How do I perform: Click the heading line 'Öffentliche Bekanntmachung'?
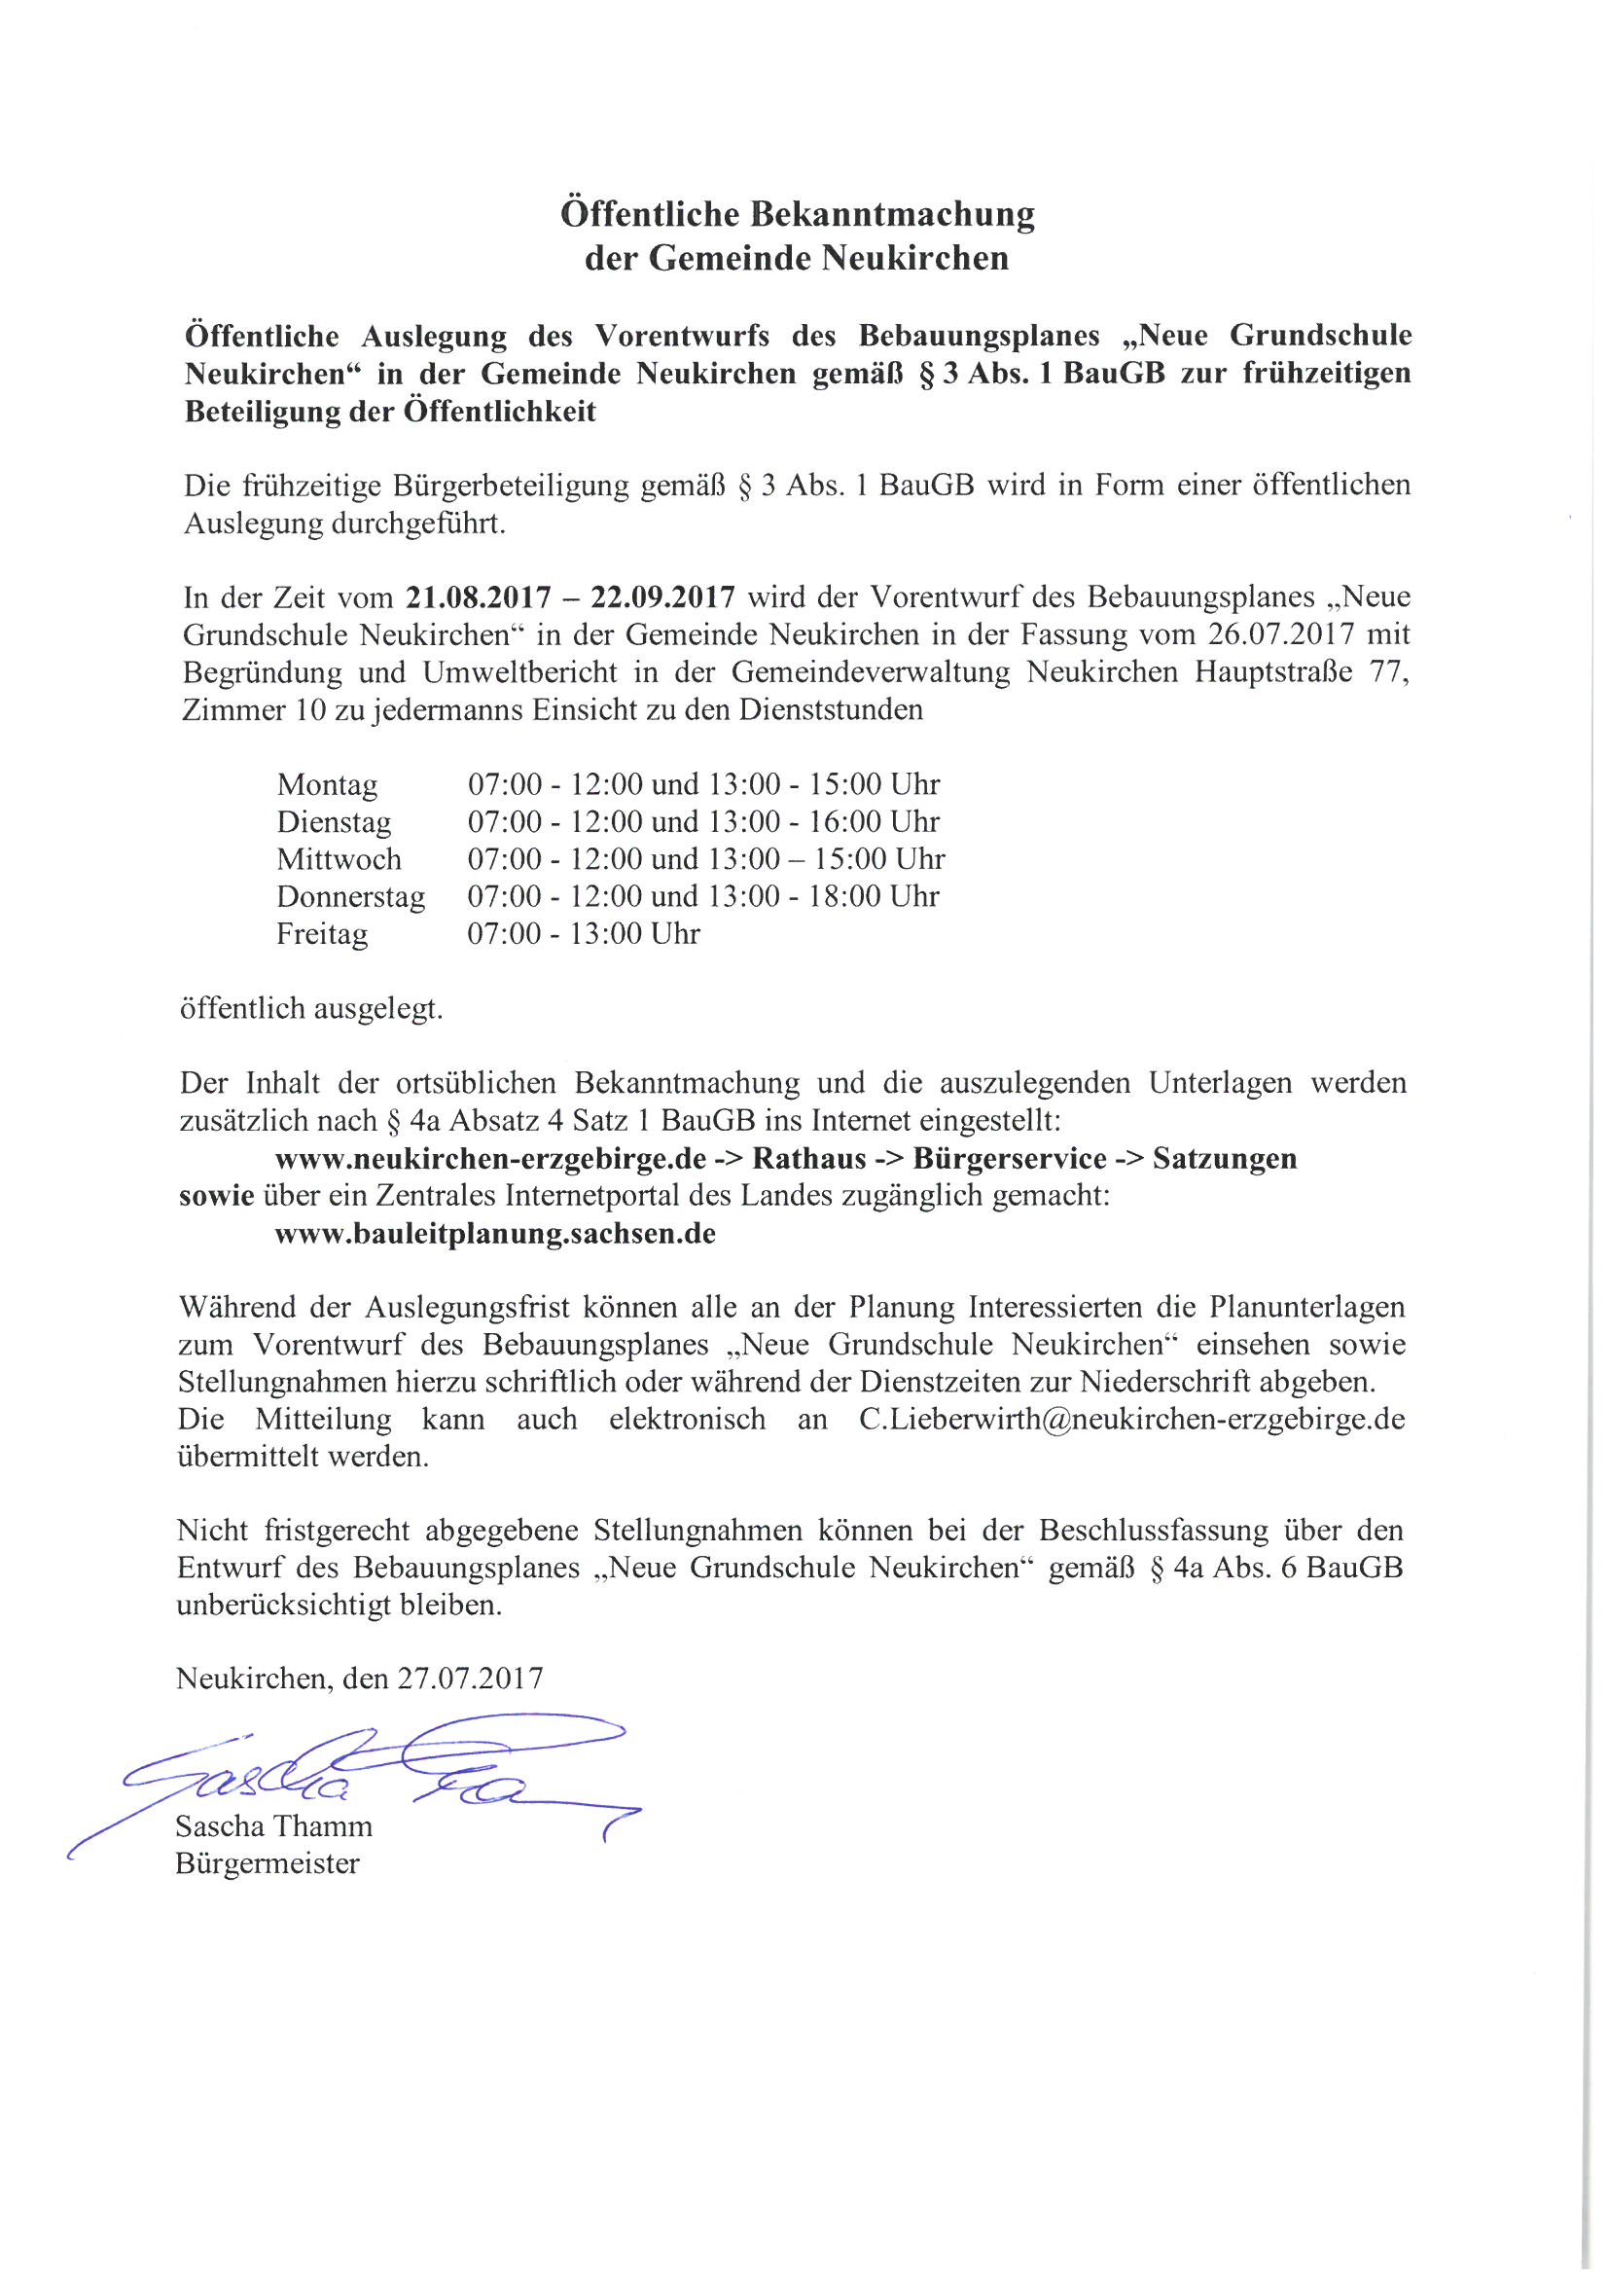pos(798,214)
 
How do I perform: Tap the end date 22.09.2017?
pos(662,598)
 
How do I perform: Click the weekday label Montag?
pos(327,784)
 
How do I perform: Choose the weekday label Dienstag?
pos(334,822)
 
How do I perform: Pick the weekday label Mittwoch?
pos(339,859)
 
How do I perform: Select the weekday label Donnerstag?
pos(351,897)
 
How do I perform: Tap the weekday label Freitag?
pos(322,934)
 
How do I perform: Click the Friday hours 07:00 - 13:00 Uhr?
pos(584,934)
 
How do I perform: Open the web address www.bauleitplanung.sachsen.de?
pos(495,1235)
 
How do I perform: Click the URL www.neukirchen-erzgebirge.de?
pos(490,1159)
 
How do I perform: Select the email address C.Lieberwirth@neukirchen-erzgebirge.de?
pos(1131,1420)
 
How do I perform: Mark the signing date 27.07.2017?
pos(470,1679)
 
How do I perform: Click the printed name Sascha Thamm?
pos(273,1826)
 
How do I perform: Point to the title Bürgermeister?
pos(268,1863)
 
